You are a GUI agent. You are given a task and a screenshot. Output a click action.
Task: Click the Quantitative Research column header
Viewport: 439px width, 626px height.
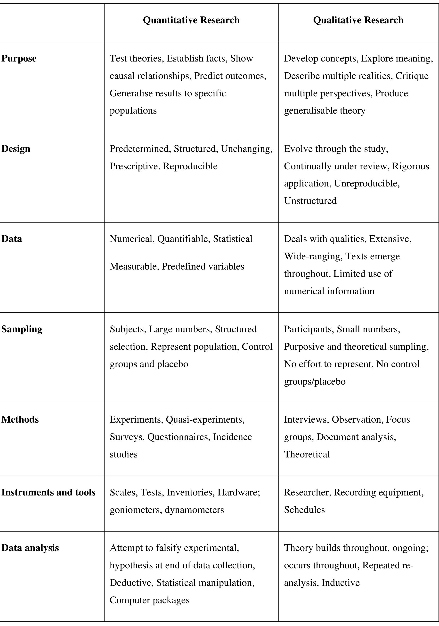click(x=191, y=20)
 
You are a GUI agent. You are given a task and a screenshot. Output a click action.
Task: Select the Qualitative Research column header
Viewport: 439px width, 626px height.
click(x=358, y=20)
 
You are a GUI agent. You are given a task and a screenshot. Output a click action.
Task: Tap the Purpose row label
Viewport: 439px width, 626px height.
click(x=19, y=59)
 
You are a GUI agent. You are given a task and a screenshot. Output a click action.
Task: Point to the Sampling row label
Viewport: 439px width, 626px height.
click(x=22, y=329)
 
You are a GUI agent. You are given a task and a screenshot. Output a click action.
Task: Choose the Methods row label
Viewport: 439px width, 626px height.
click(x=20, y=419)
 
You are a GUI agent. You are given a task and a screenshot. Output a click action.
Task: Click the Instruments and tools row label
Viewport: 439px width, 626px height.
click(x=48, y=492)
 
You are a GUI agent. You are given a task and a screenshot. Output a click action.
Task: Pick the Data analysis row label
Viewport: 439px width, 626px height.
click(x=30, y=548)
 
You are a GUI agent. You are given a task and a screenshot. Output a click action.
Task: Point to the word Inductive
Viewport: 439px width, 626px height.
click(x=341, y=583)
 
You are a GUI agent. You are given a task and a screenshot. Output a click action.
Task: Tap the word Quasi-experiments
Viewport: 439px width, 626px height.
click(x=205, y=420)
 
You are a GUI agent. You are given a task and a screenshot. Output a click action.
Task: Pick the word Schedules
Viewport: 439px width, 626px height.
click(x=304, y=510)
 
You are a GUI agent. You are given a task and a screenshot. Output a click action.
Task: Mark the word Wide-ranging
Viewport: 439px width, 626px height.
click(x=312, y=256)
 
